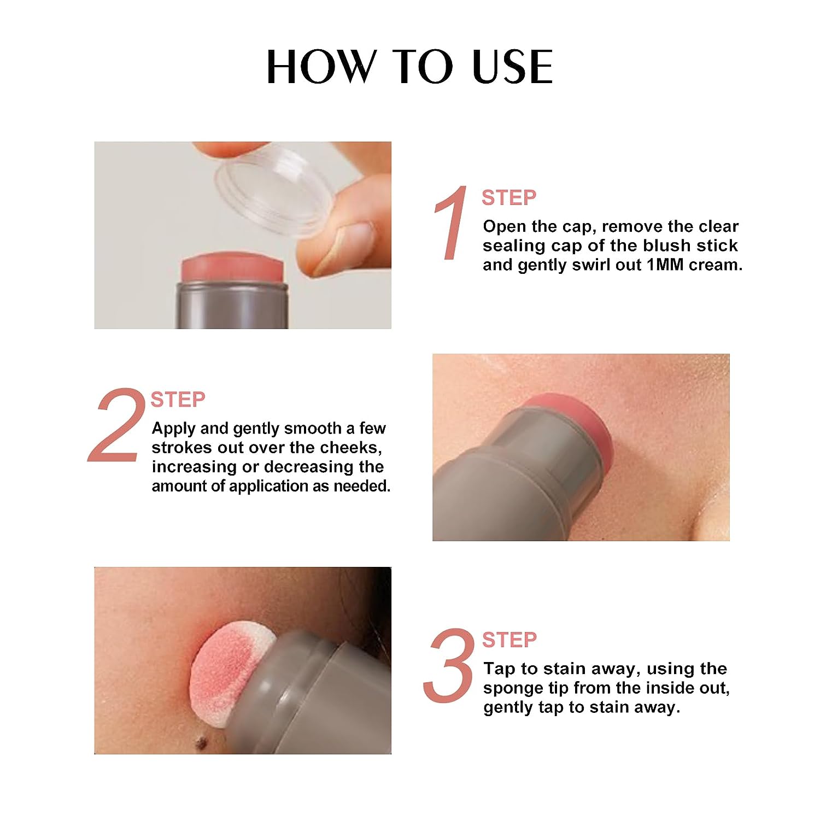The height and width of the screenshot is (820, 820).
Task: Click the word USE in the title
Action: click(x=512, y=67)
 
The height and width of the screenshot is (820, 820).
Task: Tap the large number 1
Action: click(x=452, y=223)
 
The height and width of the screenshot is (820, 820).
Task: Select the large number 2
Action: click(x=116, y=425)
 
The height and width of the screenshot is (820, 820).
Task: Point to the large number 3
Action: click(x=449, y=666)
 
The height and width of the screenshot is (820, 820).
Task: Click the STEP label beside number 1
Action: click(x=508, y=198)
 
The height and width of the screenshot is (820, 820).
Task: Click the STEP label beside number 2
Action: click(x=178, y=400)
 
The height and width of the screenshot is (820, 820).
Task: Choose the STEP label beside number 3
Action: click(x=509, y=640)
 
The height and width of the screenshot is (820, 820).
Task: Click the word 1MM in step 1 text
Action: click(x=665, y=265)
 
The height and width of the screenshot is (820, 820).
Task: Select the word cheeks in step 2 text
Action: click(x=350, y=448)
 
